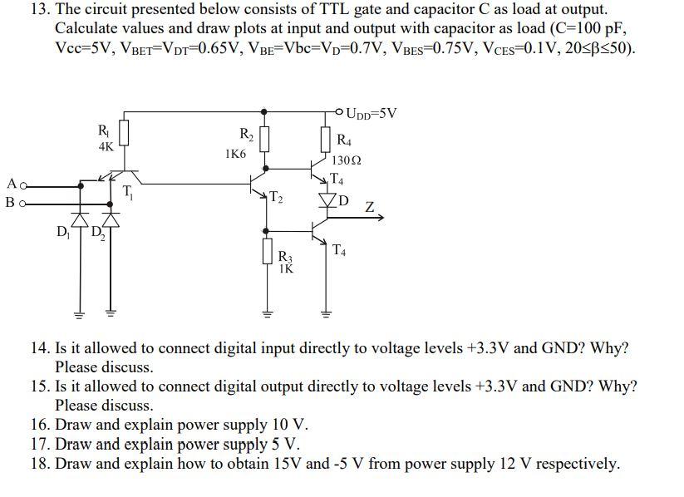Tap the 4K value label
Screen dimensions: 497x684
pos(105,146)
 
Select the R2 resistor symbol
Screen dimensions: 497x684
pos(264,139)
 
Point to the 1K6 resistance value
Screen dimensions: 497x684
pos(235,154)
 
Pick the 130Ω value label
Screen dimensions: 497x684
pos(345,160)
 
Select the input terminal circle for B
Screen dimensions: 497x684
pos(25,201)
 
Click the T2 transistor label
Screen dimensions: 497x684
pos(277,197)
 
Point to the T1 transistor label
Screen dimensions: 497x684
pos(128,192)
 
